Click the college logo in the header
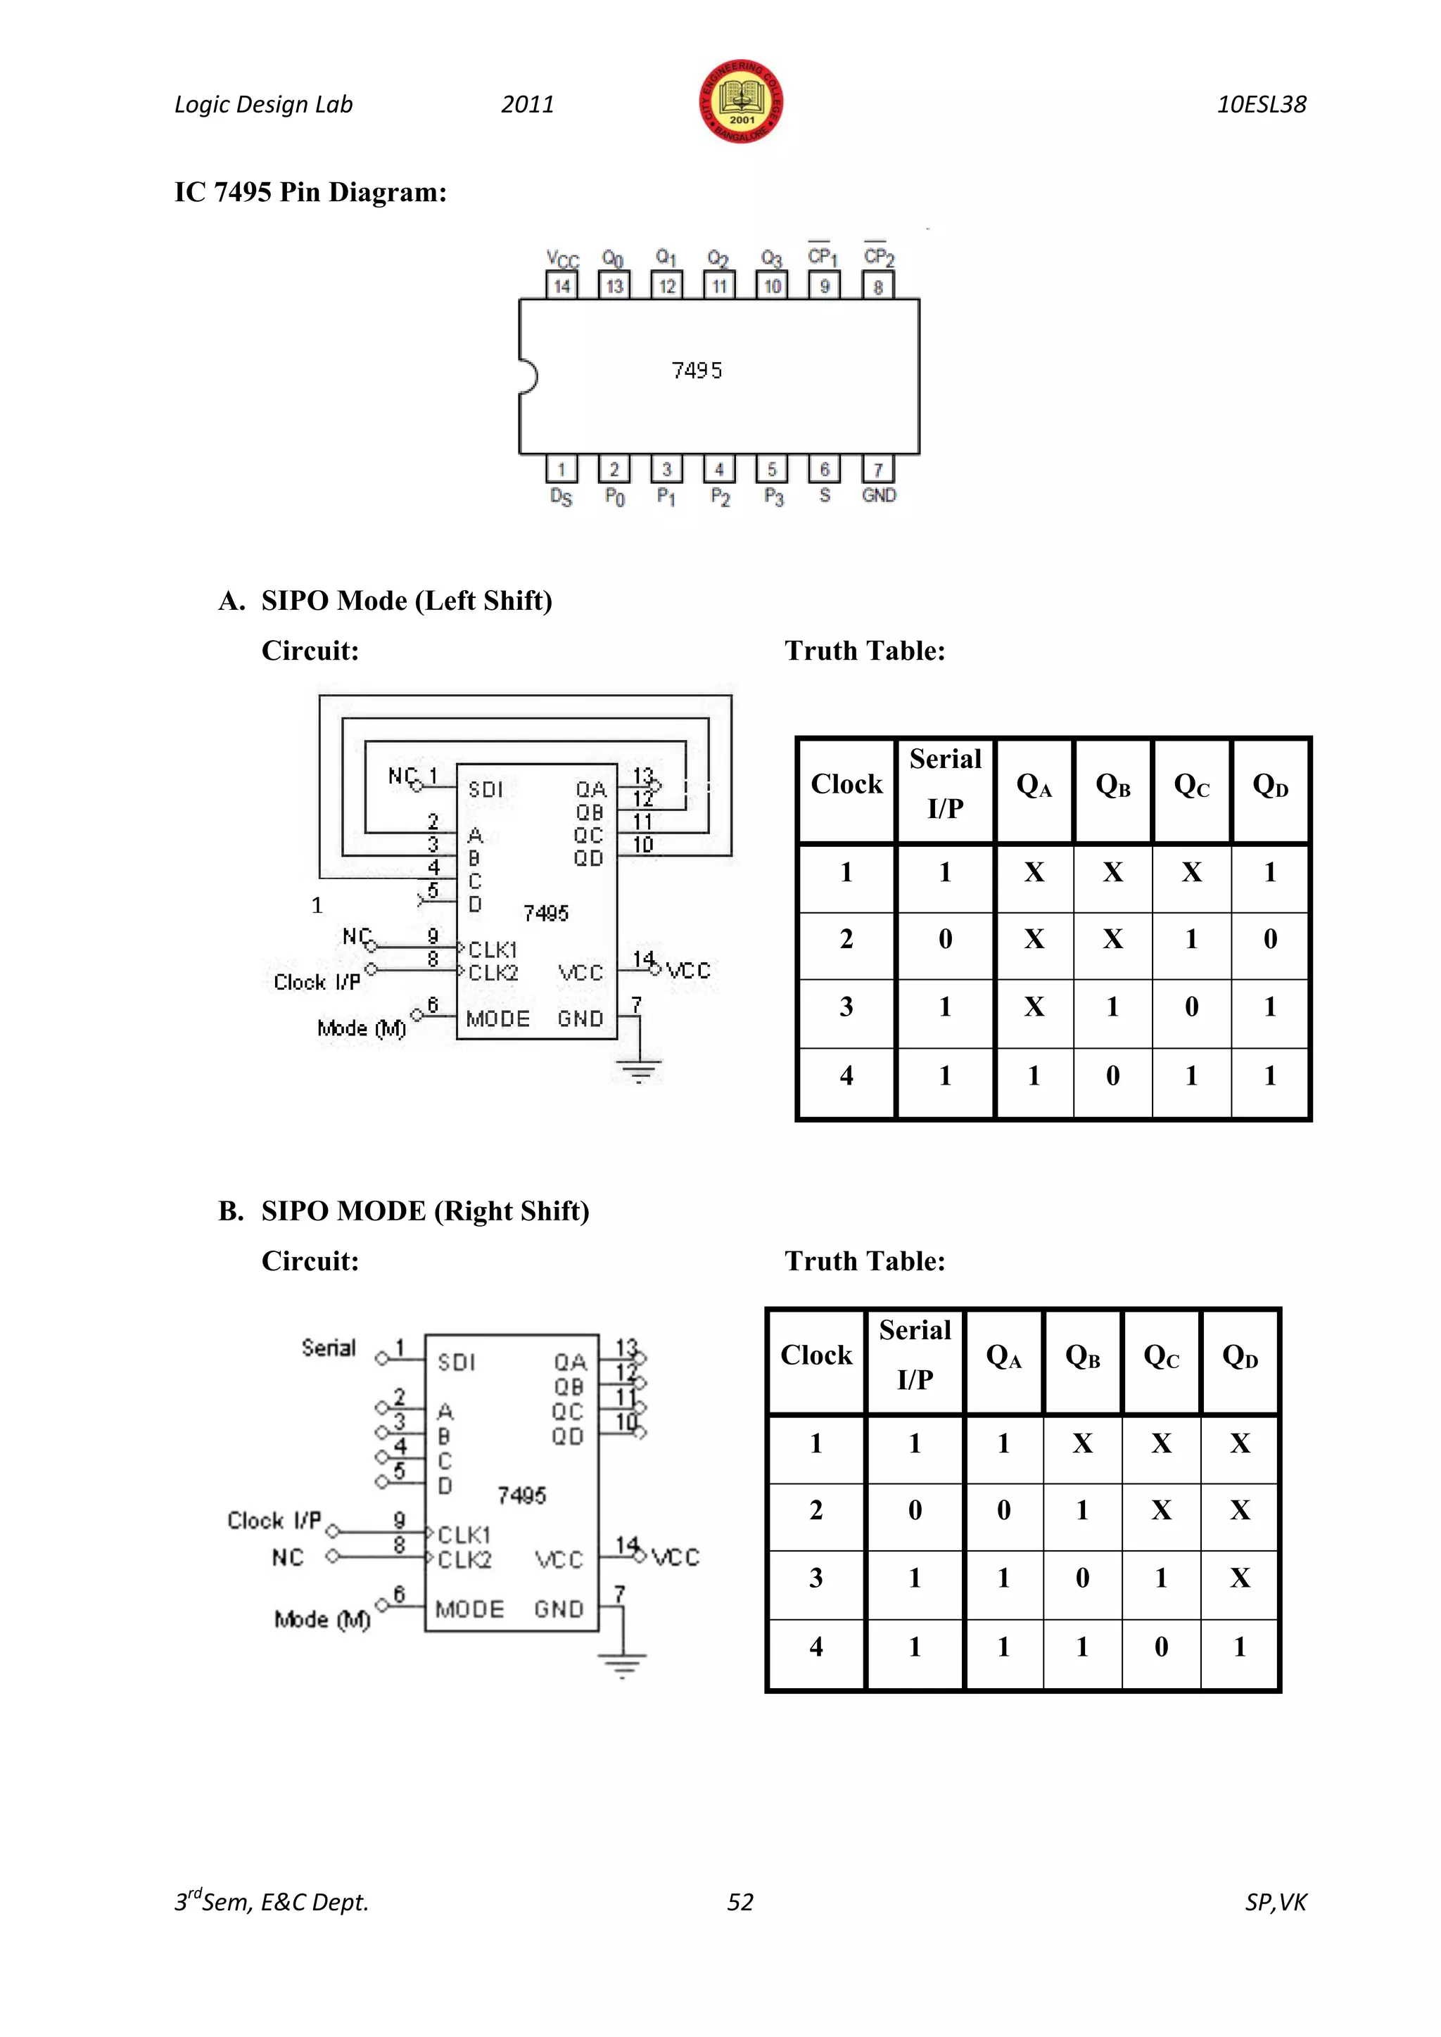pos(741,102)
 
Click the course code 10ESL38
pos(1261,105)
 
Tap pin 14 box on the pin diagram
pos(561,286)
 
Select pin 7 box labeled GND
pos(877,469)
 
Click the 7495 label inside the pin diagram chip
pos(697,371)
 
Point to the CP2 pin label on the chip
pos(878,257)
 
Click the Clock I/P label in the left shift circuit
pos(317,982)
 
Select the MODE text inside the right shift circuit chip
pos(469,1609)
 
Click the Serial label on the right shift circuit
pos(329,1348)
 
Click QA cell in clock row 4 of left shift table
pos(1034,1076)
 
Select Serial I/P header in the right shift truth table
pos(915,1354)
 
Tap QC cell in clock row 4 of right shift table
pos(1160,1647)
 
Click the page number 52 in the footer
pos(740,1901)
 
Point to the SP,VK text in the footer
pos(1275,1902)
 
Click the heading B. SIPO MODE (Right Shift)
pos(404,1211)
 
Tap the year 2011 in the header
pos(527,105)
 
